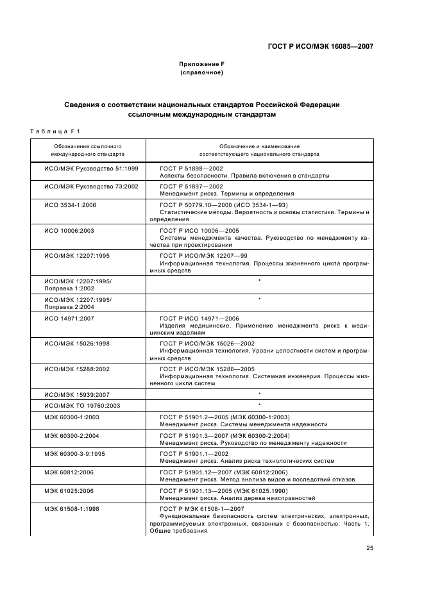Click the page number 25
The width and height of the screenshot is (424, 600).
click(369, 547)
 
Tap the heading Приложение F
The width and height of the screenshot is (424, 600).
click(201, 64)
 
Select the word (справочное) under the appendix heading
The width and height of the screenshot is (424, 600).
click(201, 72)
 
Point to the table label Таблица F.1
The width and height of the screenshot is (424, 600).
click(54, 131)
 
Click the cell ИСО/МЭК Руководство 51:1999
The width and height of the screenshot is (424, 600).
click(81, 168)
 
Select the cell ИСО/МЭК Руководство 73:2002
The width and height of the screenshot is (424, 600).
click(81, 186)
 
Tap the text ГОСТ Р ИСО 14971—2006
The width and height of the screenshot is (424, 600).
click(199, 318)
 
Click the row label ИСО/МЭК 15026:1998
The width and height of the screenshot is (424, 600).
click(76, 344)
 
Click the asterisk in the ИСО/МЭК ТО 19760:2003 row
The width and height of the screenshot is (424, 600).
click(259, 405)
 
